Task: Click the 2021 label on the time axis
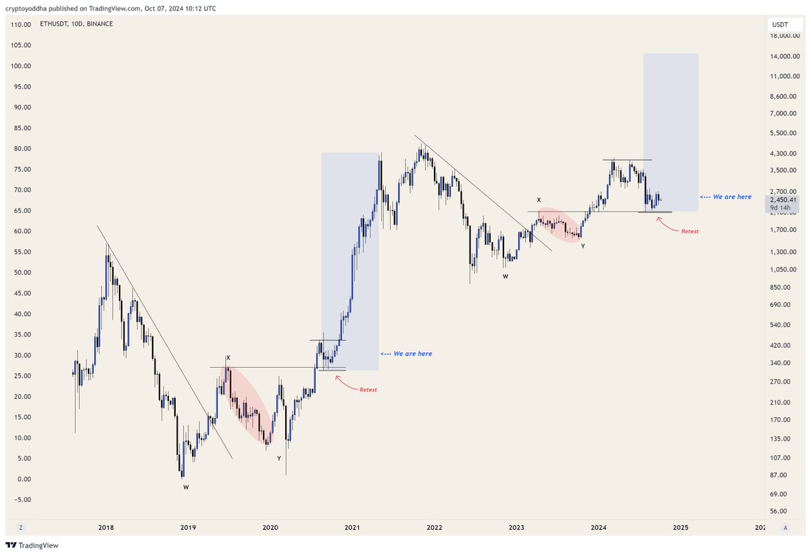pyautogui.click(x=352, y=527)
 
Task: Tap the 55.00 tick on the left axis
pyautogui.click(x=22, y=252)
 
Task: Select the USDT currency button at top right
pyautogui.click(x=780, y=24)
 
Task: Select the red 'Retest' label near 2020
pyautogui.click(x=368, y=390)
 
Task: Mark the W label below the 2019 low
pyautogui.click(x=186, y=487)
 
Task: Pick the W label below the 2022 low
pyautogui.click(x=505, y=277)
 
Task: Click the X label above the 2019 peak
pyautogui.click(x=228, y=358)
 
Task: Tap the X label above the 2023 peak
pyautogui.click(x=539, y=200)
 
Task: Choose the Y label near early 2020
pyautogui.click(x=278, y=458)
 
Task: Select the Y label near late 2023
pyautogui.click(x=583, y=246)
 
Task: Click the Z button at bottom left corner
pyautogui.click(x=21, y=527)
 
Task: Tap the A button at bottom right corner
pyautogui.click(x=785, y=527)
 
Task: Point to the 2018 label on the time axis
pyautogui.click(x=106, y=527)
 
